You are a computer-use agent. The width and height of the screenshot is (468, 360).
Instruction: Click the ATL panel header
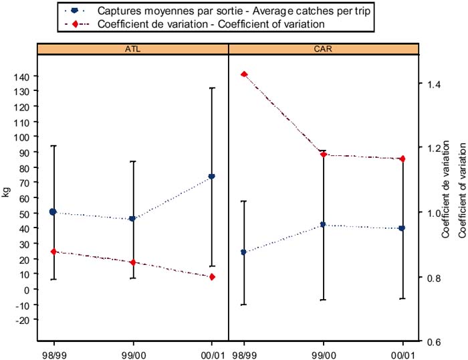133,48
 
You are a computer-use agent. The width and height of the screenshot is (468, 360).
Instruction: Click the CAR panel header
324,48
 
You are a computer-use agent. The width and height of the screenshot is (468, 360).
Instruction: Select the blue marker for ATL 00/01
212,177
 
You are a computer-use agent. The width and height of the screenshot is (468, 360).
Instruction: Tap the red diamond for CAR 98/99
244,74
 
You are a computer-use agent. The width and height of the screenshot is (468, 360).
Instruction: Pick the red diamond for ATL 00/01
212,277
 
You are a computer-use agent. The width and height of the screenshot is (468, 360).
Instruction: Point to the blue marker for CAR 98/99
243,252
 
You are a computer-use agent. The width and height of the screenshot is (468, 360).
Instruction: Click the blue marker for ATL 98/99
53,212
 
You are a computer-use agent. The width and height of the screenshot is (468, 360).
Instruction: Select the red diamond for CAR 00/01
402,159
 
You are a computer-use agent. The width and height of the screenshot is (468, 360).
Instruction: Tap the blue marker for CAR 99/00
323,225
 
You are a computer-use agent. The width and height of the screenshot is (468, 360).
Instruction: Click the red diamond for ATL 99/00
133,262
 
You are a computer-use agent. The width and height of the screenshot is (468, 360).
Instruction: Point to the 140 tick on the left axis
22,76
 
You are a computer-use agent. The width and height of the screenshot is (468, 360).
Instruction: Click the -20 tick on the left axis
22,321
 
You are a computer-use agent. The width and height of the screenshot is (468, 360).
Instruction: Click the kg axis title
6,192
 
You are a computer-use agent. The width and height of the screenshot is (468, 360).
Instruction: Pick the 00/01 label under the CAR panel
402,351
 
